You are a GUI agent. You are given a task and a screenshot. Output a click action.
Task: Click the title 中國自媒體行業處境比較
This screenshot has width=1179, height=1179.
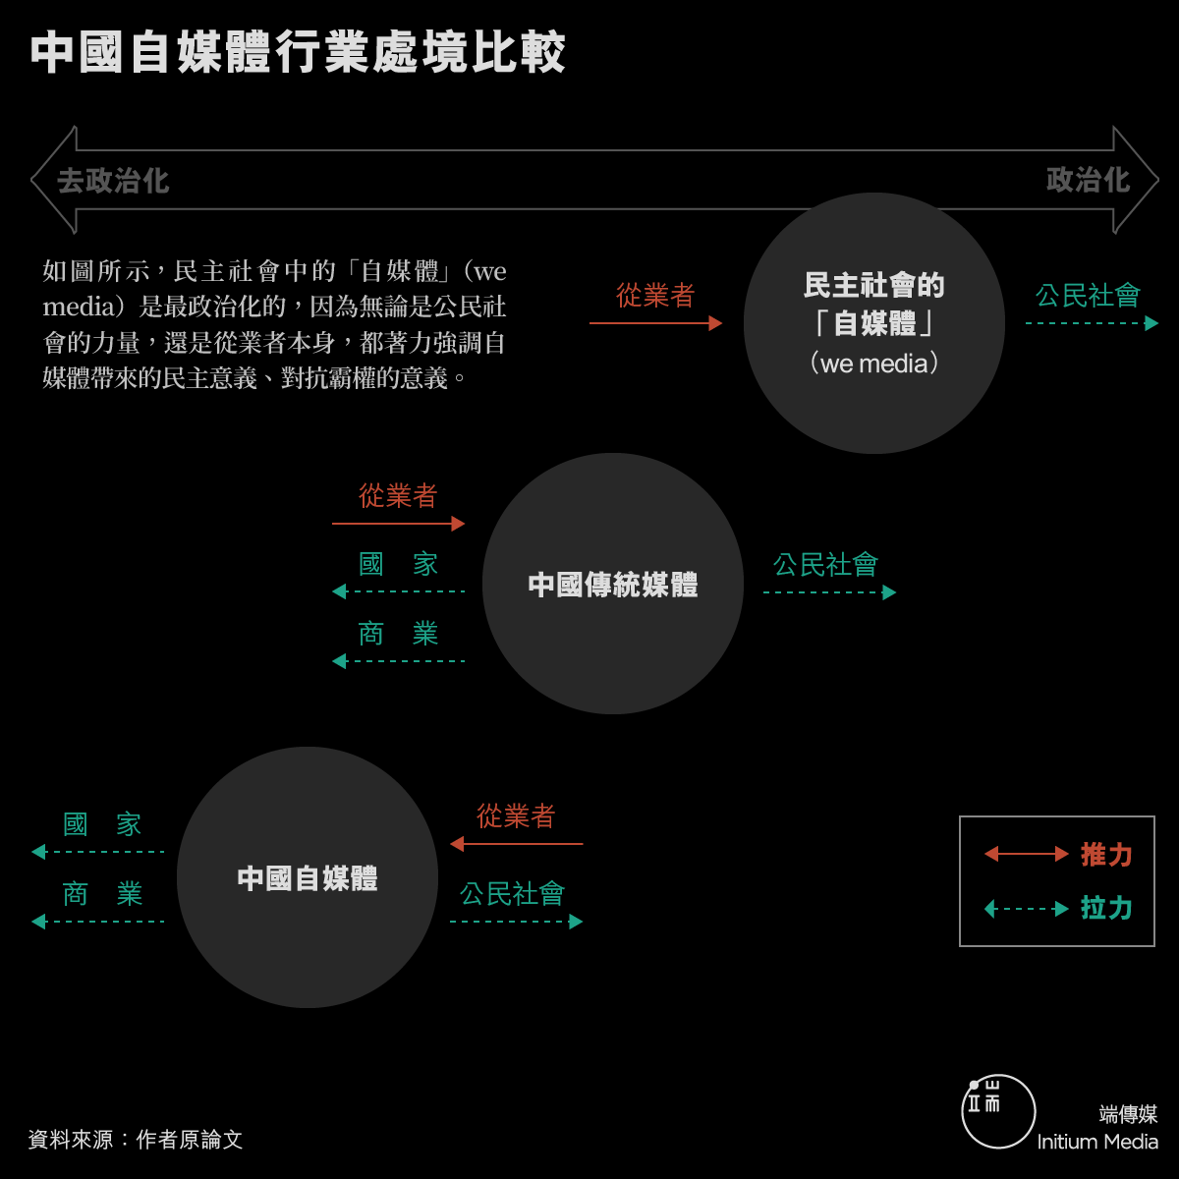(x=298, y=53)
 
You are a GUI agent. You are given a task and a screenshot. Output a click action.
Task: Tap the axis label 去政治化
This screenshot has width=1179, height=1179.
(x=113, y=181)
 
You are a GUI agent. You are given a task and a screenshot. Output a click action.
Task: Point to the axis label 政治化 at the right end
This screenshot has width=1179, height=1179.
(x=1088, y=180)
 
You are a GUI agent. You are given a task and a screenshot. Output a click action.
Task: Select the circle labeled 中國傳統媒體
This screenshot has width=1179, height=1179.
(x=612, y=584)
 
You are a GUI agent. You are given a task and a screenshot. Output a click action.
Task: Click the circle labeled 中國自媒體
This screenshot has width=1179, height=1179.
(x=308, y=877)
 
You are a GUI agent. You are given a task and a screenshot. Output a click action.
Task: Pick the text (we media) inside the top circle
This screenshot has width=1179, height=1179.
(x=874, y=364)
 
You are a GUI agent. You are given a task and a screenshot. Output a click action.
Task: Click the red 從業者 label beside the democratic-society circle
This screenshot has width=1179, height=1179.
(x=654, y=296)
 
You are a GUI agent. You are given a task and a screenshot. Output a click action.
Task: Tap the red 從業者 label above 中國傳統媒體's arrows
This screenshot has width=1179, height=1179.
(x=398, y=495)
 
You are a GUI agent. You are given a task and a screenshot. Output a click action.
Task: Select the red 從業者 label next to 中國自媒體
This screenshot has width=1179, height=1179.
(x=516, y=816)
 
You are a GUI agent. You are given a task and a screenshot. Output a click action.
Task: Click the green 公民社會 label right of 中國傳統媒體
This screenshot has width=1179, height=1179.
(x=825, y=565)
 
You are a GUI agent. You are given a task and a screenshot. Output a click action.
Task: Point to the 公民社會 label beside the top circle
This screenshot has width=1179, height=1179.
(x=1088, y=296)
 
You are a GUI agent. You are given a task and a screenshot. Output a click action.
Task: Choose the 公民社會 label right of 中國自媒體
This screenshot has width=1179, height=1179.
(x=512, y=894)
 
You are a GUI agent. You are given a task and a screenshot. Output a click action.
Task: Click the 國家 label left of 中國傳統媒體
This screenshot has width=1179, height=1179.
(x=398, y=564)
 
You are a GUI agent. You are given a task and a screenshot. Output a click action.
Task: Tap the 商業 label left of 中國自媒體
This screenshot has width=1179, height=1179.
(x=102, y=894)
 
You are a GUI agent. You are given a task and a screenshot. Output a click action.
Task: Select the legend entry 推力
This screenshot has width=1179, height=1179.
(x=1106, y=855)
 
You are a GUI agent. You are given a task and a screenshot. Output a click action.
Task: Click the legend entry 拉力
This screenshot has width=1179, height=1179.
(x=1106, y=908)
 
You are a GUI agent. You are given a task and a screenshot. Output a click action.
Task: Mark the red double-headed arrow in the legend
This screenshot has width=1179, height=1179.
(x=1026, y=854)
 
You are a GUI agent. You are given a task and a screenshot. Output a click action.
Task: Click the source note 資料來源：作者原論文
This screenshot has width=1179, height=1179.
(x=136, y=1140)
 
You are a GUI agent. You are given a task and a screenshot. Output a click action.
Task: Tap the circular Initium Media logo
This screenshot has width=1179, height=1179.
(x=998, y=1111)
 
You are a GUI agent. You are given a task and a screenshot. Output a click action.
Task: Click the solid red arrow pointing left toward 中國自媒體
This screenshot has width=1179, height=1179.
(x=517, y=844)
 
